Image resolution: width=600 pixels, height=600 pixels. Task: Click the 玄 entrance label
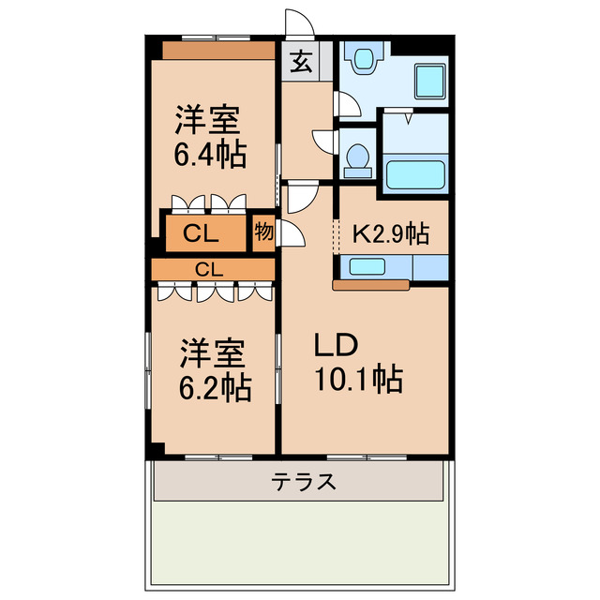(x=301, y=62)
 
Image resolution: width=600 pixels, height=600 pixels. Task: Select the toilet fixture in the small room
(x=356, y=160)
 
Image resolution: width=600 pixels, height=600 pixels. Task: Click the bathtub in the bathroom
(x=413, y=175)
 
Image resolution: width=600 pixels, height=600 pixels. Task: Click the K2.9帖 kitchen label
(x=391, y=233)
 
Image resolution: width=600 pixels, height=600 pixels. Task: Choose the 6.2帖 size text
(x=215, y=386)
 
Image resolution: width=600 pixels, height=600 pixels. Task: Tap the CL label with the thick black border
(x=202, y=234)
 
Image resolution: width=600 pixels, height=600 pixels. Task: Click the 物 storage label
(x=263, y=232)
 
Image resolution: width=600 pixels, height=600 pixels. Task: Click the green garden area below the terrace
(x=300, y=548)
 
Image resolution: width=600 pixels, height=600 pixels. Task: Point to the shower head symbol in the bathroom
(x=410, y=119)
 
